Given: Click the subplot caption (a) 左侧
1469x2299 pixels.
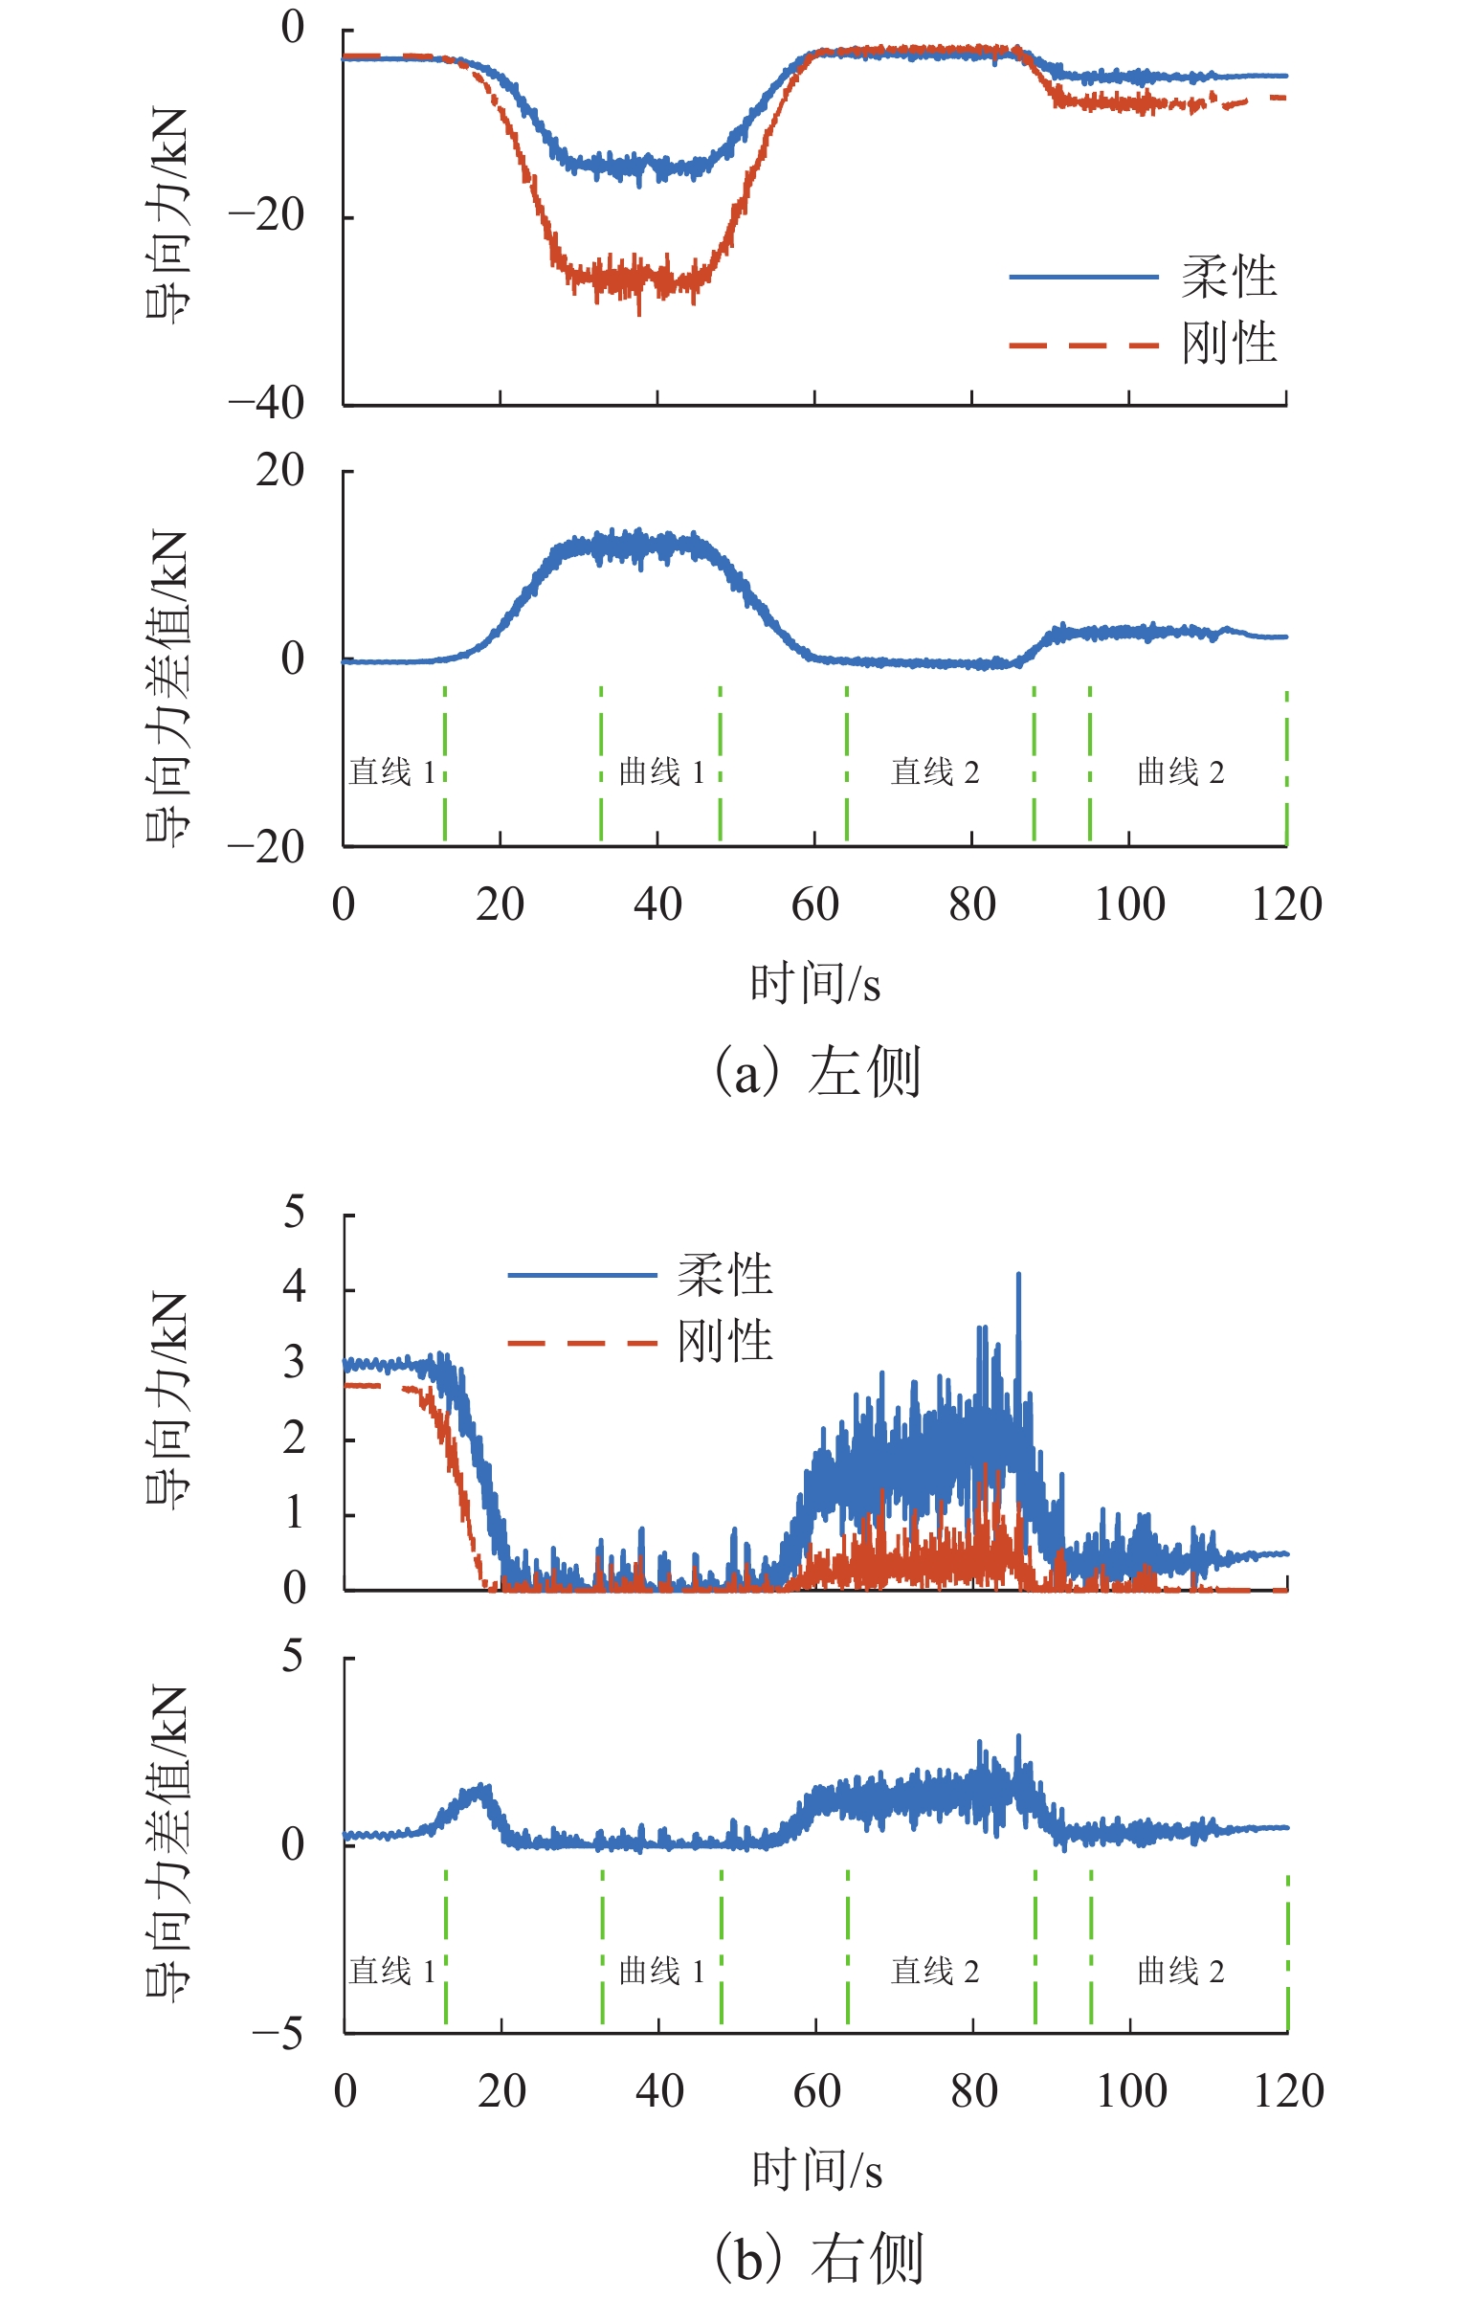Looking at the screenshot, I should click(x=818, y=1071).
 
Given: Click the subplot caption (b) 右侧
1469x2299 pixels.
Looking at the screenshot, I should click(x=819, y=2259).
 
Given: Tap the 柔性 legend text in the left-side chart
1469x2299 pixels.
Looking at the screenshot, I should click(x=1229, y=278).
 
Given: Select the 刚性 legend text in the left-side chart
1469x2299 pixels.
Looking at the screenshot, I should click(x=1229, y=343).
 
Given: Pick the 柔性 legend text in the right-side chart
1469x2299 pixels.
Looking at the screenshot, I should click(x=724, y=1275).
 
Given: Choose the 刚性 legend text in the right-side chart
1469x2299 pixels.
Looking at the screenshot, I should click(x=724, y=1341).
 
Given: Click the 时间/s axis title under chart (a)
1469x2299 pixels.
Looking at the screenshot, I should click(x=814, y=984).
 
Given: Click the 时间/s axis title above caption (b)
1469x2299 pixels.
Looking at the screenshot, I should click(x=816, y=2170).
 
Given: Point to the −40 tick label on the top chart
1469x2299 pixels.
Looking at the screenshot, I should click(x=266, y=403).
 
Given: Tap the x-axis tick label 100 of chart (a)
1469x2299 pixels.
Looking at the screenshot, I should click(x=1129, y=904).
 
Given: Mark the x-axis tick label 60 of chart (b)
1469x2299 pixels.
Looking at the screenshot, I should click(x=816, y=2091).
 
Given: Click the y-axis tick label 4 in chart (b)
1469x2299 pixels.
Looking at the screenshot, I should click(x=294, y=1287).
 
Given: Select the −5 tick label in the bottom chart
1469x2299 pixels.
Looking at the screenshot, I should click(x=278, y=2032).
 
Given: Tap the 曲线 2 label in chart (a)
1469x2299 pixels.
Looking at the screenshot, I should click(x=1180, y=771).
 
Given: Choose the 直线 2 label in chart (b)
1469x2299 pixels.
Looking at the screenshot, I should click(x=935, y=1971).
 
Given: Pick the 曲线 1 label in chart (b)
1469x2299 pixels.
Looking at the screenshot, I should click(x=661, y=1971).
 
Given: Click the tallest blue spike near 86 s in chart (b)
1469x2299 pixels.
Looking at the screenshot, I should click(x=1018, y=1276).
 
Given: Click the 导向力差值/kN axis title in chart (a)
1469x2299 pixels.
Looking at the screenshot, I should click(x=167, y=689).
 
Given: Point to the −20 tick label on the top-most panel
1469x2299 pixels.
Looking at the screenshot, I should click(x=266, y=215).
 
